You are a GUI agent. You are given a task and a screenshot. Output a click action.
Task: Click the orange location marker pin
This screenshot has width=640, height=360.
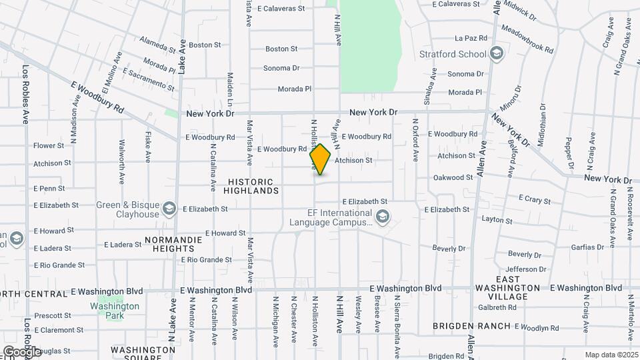[x=321, y=159]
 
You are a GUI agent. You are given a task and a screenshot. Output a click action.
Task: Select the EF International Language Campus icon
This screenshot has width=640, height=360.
[x=383, y=216]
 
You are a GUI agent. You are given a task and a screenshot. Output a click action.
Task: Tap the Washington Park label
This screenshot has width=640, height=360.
[x=115, y=311]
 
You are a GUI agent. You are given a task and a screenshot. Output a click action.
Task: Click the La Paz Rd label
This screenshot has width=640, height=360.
[x=471, y=38]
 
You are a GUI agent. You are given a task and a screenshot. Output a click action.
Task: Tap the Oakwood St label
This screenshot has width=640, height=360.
[x=453, y=177]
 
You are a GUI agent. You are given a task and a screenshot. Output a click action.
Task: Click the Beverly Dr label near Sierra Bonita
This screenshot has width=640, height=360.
[x=449, y=248]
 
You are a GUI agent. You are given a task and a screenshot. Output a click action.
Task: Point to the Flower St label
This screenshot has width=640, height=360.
[x=48, y=145]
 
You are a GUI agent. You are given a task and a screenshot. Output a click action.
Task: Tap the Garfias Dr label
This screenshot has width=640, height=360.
[x=568, y=247]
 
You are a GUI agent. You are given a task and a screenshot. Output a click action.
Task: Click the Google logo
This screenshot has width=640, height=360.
[x=21, y=351]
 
